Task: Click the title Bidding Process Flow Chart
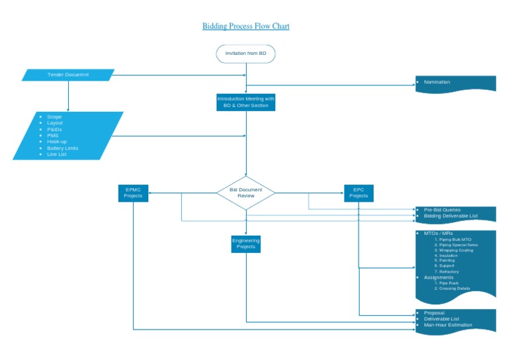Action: [245, 26]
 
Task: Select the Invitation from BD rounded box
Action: [245, 54]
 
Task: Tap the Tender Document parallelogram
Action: [69, 75]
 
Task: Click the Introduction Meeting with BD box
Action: [245, 102]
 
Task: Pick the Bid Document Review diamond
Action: [246, 193]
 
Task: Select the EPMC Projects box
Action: [133, 193]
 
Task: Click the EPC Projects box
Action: [359, 193]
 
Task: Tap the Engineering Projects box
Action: [246, 244]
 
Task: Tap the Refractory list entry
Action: [449, 271]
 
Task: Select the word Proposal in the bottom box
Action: [434, 312]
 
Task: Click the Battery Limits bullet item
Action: [63, 148]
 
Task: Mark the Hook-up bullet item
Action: [57, 142]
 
